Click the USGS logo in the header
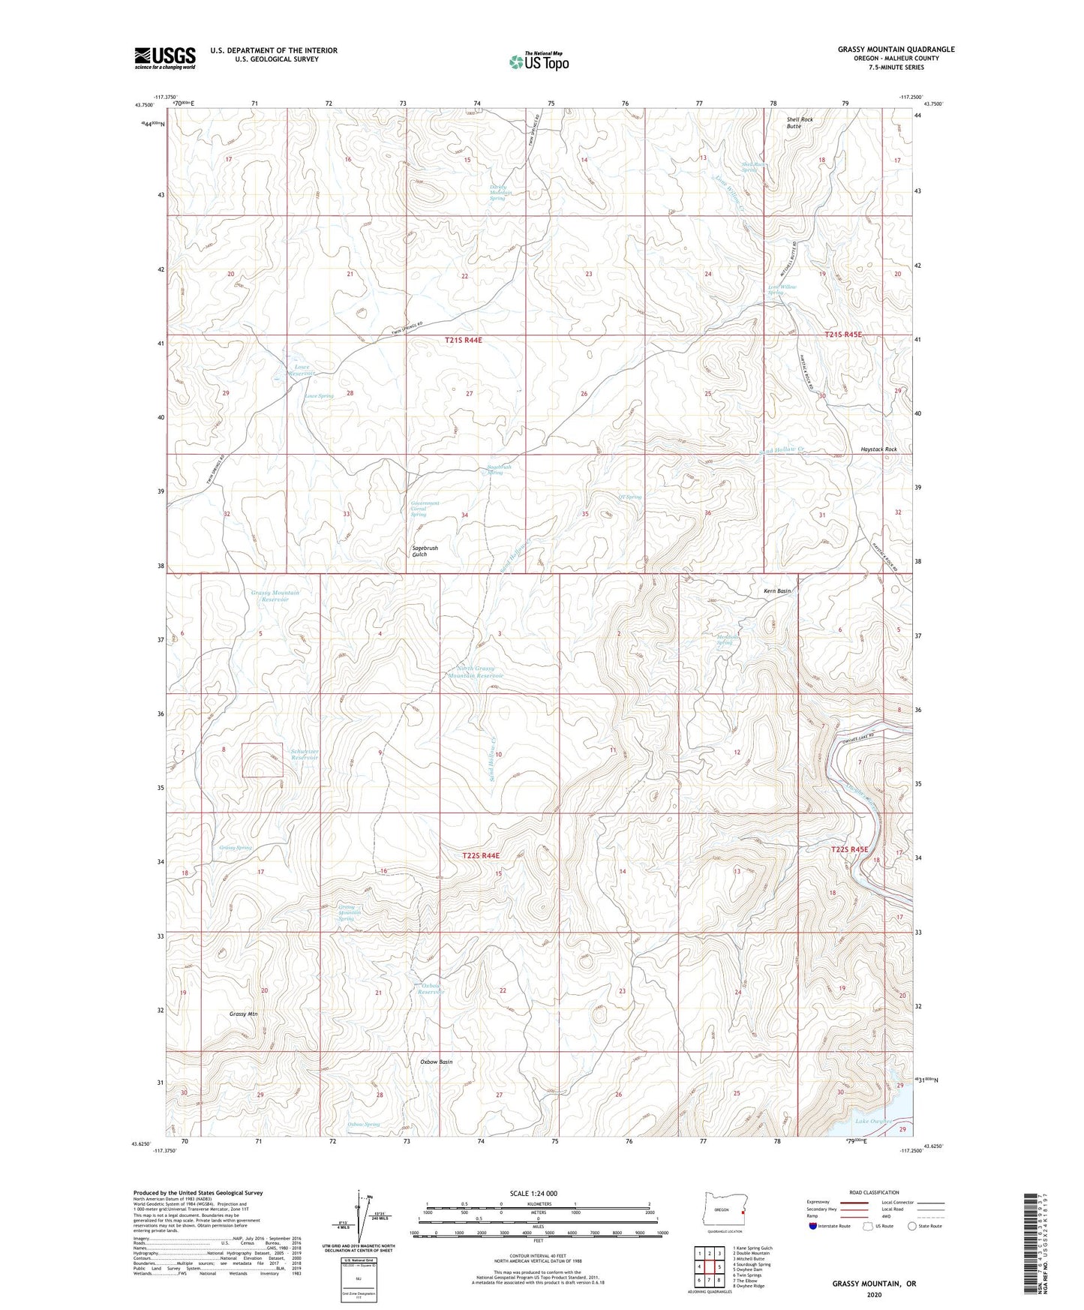(165, 57)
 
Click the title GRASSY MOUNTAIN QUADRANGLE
(896, 50)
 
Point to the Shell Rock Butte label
(799, 123)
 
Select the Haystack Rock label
(878, 449)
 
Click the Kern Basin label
(772, 591)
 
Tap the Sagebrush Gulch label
(425, 551)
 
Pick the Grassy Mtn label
(243, 1014)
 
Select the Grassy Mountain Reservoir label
(275, 596)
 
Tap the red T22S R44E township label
(481, 855)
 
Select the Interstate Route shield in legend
(812, 1226)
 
